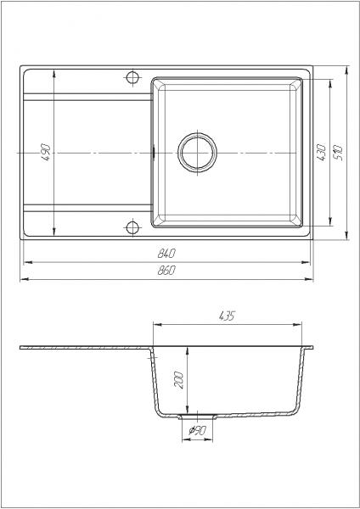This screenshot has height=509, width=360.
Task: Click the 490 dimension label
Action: [x=46, y=153]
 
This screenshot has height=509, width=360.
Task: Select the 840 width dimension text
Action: [x=166, y=253]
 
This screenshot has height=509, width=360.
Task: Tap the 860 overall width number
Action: [x=166, y=270]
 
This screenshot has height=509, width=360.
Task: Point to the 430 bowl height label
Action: [x=321, y=153]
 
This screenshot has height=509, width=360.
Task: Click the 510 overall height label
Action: [x=338, y=154]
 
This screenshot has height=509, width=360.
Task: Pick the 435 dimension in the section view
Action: [x=227, y=316]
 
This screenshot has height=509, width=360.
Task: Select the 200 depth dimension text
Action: [x=179, y=380]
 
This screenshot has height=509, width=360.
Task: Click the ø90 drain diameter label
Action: [x=197, y=430]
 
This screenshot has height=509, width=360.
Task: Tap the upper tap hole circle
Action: [x=132, y=77]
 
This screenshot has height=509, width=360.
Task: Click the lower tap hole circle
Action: [x=132, y=227]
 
